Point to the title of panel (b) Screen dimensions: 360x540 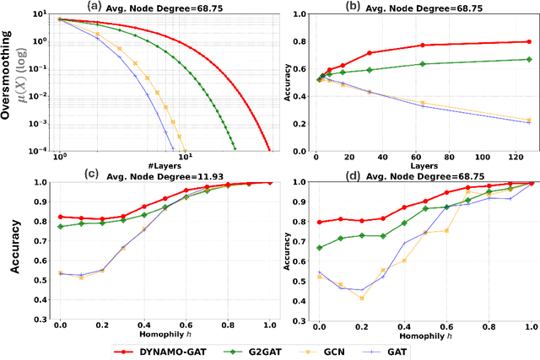coord(424,6)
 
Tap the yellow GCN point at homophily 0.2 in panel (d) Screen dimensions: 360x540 coord(361,298)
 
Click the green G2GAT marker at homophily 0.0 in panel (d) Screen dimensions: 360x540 coord(318,247)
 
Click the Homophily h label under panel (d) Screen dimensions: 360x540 coord(423,335)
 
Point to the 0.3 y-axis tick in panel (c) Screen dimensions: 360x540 coord(41,321)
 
